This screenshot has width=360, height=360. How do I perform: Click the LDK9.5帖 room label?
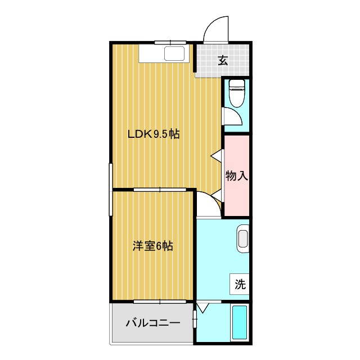click(153, 134)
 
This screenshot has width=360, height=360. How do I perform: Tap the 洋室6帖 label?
click(152, 246)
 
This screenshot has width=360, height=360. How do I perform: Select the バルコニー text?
click(152, 323)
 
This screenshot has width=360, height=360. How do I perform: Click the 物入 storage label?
click(236, 175)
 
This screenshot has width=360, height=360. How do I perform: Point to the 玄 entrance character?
click(223, 61)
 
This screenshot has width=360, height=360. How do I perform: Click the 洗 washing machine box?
click(240, 285)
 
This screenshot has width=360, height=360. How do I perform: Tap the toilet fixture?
click(237, 92)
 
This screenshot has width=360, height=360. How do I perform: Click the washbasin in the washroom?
click(242, 237)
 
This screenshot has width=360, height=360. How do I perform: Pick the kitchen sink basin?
click(174, 55)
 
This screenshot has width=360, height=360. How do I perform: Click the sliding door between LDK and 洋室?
click(160, 190)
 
